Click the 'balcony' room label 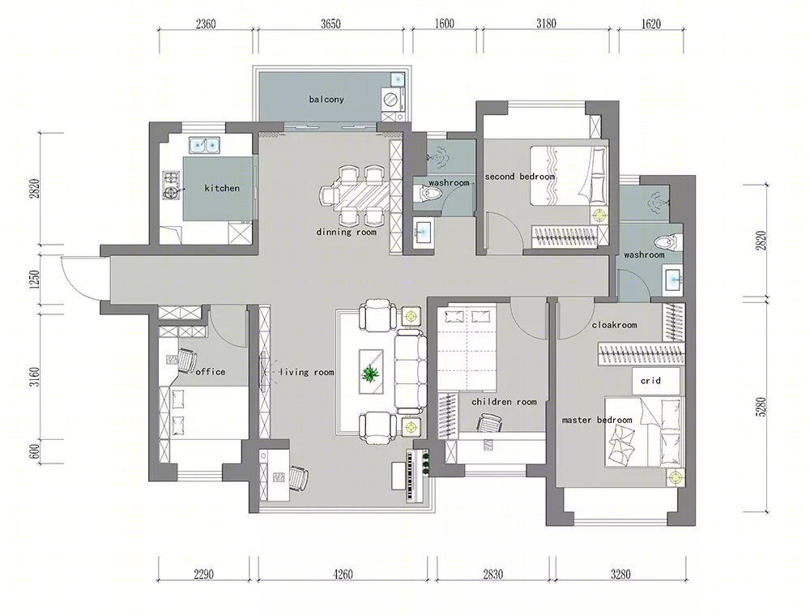click(326, 99)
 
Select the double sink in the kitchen click(205, 145)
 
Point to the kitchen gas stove click(172, 186)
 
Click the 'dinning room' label click(346, 232)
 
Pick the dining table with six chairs click(354, 195)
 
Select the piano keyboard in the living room click(411, 476)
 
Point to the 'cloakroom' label click(614, 325)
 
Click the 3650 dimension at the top click(330, 24)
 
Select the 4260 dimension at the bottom click(343, 574)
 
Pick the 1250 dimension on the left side click(34, 280)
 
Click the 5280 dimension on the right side click(761, 406)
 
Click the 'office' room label click(211, 372)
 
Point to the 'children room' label click(504, 402)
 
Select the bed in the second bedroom click(569, 176)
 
